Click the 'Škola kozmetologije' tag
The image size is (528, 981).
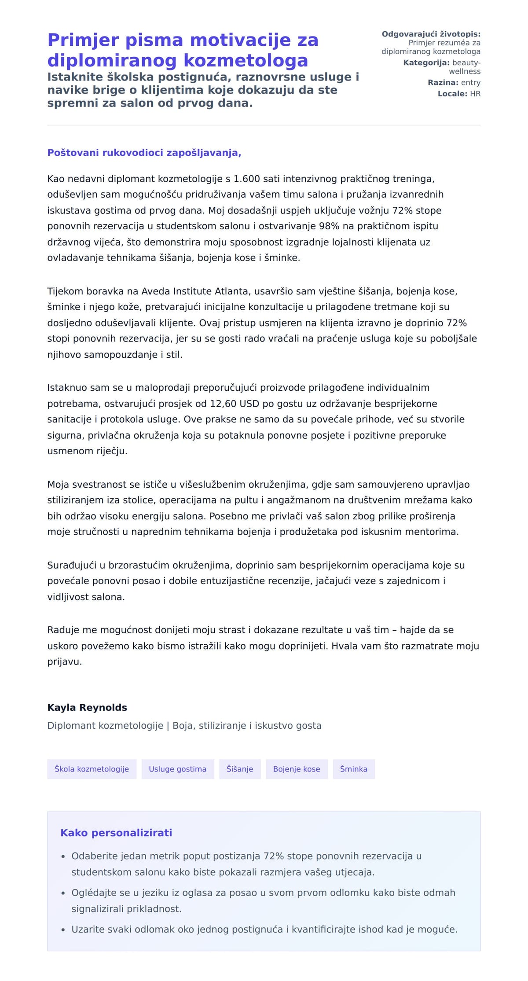[92, 769]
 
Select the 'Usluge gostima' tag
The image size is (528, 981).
[177, 769]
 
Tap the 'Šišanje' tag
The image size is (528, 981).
[240, 769]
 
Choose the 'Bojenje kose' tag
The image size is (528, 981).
[297, 769]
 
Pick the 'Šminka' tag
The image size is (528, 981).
[353, 769]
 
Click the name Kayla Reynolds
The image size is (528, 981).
[87, 707]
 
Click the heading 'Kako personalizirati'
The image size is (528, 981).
[116, 833]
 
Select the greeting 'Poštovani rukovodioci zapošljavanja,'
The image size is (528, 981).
[144, 153]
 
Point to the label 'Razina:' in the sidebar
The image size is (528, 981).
[443, 83]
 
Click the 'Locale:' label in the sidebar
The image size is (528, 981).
[452, 94]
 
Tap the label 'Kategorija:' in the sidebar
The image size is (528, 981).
[426, 63]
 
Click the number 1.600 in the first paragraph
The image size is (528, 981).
[246, 179]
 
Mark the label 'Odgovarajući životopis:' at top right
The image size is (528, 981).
[431, 34]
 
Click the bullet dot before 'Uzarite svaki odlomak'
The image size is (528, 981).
[63, 930]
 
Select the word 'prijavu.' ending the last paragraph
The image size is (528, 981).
[65, 661]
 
